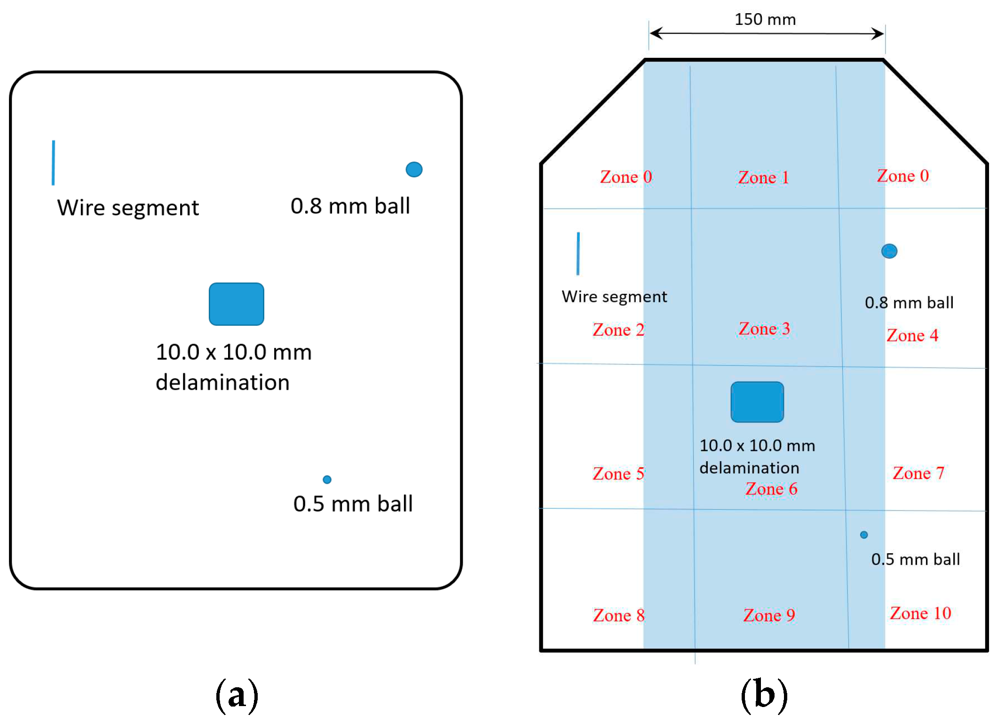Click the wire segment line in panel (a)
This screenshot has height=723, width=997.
coord(53,163)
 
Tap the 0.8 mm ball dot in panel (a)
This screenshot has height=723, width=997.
coord(414,169)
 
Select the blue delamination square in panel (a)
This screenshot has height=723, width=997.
coord(236,304)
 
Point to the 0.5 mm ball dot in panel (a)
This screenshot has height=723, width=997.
coord(327,479)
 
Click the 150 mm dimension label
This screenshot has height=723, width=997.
coord(765,19)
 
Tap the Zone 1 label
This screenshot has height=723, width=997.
coord(763,178)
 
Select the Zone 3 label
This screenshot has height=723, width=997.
coord(764,329)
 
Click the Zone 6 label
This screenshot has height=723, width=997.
coord(771,489)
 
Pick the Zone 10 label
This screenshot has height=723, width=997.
coord(920,613)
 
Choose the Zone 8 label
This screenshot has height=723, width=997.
coord(618,615)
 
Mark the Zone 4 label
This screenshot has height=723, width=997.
coord(912,335)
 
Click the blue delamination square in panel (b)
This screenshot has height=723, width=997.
coord(757,402)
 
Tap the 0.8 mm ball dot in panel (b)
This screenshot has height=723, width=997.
coord(889,251)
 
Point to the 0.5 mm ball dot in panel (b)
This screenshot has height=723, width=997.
coord(864,534)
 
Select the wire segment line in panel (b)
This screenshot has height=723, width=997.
coord(578,253)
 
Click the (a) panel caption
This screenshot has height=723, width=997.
coord(237,695)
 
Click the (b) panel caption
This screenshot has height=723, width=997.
coord(764,695)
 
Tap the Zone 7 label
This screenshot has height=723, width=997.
coord(918,473)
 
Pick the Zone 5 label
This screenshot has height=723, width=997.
coord(618,473)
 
